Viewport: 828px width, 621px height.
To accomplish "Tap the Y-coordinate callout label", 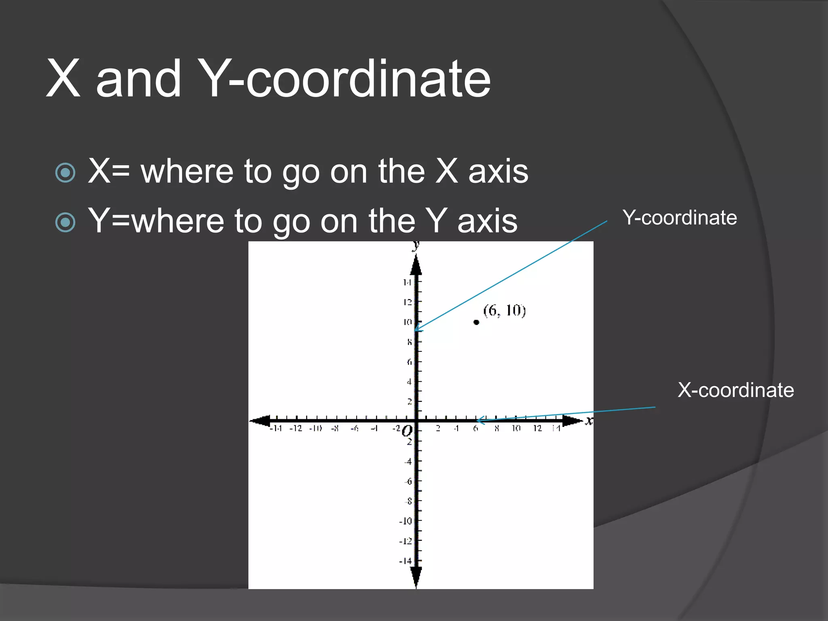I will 680,218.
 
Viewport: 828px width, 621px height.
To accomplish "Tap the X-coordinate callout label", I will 735,390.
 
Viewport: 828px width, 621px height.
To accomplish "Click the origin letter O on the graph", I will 408,431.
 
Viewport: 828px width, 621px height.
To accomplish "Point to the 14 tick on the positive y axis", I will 407,282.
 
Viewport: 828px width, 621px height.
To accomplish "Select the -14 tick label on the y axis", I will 406,561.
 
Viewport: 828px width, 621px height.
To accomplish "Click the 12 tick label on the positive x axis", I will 537,428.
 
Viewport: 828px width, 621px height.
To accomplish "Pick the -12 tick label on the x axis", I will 296,428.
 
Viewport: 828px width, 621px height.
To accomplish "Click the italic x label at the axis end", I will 589,421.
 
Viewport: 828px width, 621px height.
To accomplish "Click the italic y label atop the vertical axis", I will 415,245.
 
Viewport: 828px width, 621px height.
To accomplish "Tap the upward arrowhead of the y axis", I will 416,265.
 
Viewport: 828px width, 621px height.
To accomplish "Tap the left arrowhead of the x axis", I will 260,421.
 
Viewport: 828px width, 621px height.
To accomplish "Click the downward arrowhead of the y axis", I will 416,576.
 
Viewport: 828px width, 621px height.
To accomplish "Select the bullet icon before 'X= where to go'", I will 65,173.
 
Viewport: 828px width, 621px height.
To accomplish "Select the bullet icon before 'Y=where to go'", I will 65,222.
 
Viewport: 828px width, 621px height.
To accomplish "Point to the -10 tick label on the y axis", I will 406,521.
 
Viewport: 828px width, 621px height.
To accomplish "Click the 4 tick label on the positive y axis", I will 409,382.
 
